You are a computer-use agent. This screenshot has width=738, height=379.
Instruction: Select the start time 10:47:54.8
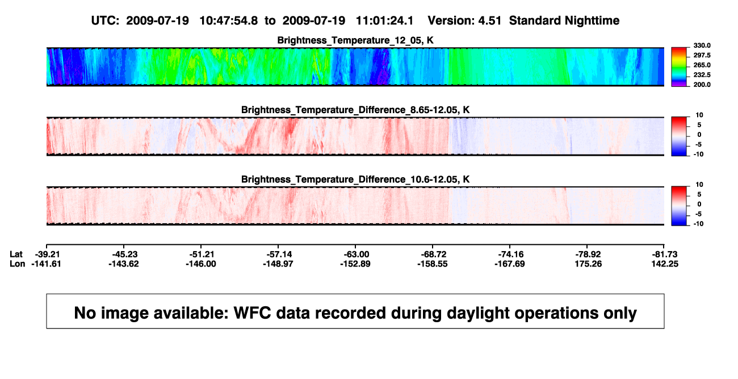pyautogui.click(x=229, y=21)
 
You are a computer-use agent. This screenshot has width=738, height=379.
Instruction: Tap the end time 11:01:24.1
pyautogui.click(x=384, y=21)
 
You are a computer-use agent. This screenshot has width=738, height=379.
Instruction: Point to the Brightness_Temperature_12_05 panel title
pyautogui.click(x=355, y=40)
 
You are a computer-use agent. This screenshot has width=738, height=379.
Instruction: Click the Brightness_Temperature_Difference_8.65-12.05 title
pyautogui.click(x=355, y=110)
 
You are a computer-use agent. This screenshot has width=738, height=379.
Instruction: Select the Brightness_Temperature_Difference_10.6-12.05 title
pyautogui.click(x=355, y=180)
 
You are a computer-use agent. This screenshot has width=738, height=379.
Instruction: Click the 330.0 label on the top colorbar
pyautogui.click(x=702, y=45)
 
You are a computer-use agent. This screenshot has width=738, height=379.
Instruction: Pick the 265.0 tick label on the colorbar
pyautogui.click(x=702, y=65)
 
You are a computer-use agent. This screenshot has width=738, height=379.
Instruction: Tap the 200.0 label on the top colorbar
pyautogui.click(x=702, y=85)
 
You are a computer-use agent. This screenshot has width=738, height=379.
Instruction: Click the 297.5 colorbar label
pyautogui.click(x=702, y=55)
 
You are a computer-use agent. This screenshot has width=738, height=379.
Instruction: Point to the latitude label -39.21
pyautogui.click(x=47, y=255)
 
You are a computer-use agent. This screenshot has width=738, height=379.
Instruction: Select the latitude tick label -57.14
pyautogui.click(x=278, y=255)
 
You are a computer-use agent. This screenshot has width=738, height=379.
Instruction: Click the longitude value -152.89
pyautogui.click(x=355, y=264)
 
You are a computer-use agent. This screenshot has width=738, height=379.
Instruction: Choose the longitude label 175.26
pyautogui.click(x=588, y=264)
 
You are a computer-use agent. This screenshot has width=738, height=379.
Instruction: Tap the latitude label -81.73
pyautogui.click(x=665, y=255)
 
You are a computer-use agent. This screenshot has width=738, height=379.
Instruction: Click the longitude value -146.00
pyautogui.click(x=201, y=264)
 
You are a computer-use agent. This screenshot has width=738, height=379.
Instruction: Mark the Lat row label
pyautogui.click(x=16, y=255)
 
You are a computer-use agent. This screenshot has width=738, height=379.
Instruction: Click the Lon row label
pyautogui.click(x=17, y=264)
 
